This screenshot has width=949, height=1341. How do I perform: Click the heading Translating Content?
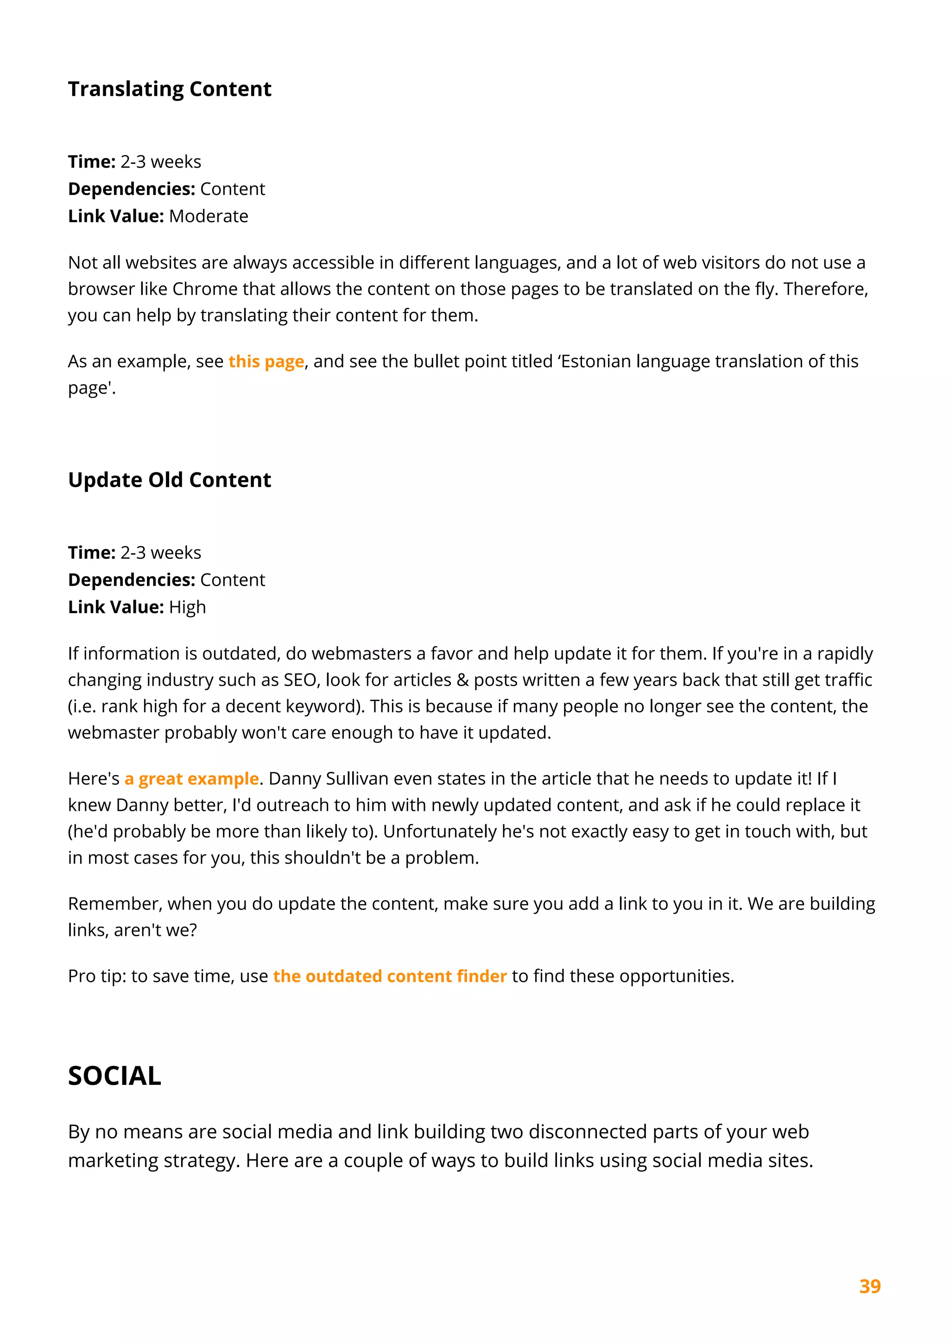pyautogui.click(x=170, y=89)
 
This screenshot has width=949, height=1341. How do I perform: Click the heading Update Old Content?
pyautogui.click(x=170, y=480)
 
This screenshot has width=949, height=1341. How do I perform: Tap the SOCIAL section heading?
pyautogui.click(x=114, y=1076)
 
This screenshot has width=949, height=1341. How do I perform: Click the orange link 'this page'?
pyautogui.click(x=266, y=362)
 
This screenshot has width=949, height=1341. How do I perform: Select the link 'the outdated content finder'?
pyautogui.click(x=390, y=976)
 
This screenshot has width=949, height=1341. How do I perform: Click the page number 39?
pyautogui.click(x=869, y=1286)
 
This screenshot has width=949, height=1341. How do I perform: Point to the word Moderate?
pyautogui.click(x=209, y=216)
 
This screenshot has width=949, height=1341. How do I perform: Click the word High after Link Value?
pyautogui.click(x=188, y=607)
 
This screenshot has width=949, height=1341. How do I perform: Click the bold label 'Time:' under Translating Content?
pyautogui.click(x=92, y=162)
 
